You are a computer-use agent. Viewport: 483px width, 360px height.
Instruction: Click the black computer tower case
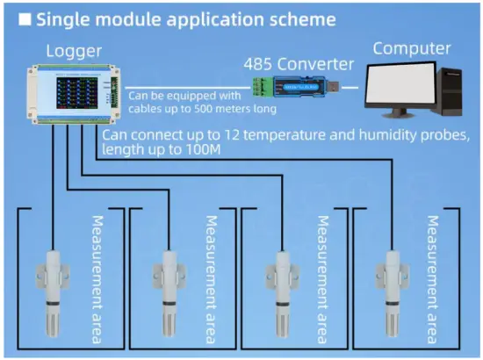[455, 92]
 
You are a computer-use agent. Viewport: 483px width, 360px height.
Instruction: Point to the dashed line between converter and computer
[352, 88]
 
